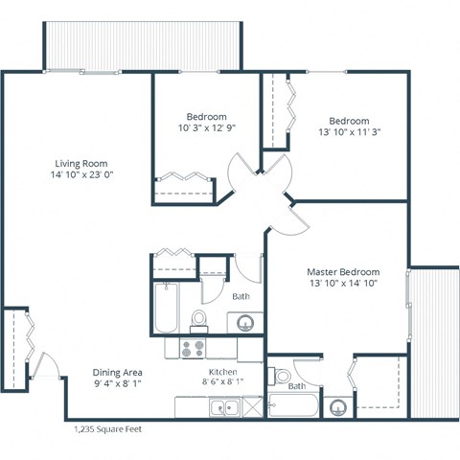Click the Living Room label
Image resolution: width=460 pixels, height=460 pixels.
(x=80, y=163)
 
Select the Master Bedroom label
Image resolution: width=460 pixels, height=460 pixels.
(x=343, y=271)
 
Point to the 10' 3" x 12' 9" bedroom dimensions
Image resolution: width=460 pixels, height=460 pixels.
(x=206, y=127)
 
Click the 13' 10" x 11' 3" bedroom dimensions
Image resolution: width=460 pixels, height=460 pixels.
(x=349, y=133)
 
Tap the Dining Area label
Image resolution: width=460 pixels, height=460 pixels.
(x=118, y=372)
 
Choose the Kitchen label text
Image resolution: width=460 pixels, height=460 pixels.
(x=223, y=372)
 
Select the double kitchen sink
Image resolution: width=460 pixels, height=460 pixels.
(x=224, y=408)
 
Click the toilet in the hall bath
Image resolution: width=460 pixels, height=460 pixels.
(x=199, y=317)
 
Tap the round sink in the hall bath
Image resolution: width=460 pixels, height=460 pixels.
(x=245, y=321)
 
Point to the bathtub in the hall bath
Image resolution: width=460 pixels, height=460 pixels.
(x=166, y=307)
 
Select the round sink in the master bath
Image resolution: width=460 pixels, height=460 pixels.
(x=337, y=407)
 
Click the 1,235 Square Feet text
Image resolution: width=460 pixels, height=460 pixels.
(x=106, y=429)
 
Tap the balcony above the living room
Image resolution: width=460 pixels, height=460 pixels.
(x=140, y=42)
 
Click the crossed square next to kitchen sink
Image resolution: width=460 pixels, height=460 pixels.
(x=251, y=408)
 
